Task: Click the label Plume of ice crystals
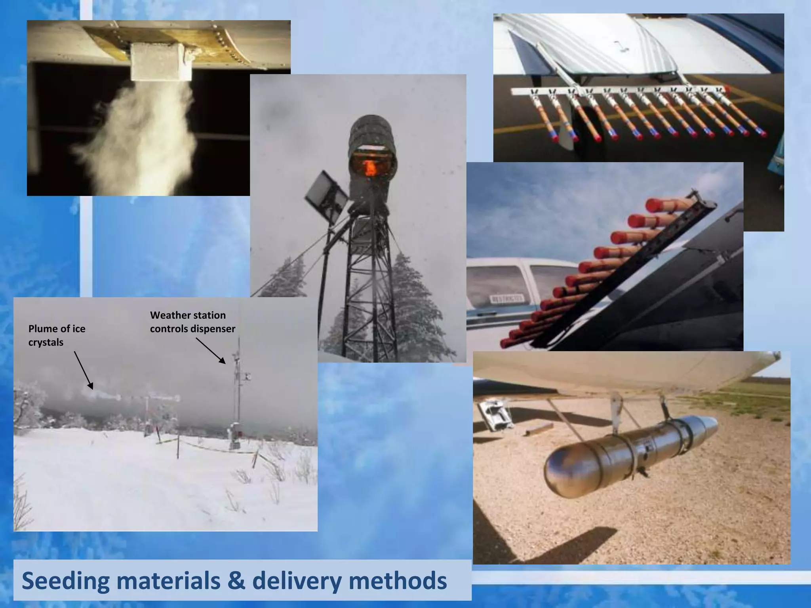tap(57, 335)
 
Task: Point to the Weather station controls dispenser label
tap(192, 322)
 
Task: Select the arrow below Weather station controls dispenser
tap(210, 350)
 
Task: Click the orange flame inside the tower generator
tap(370, 167)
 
